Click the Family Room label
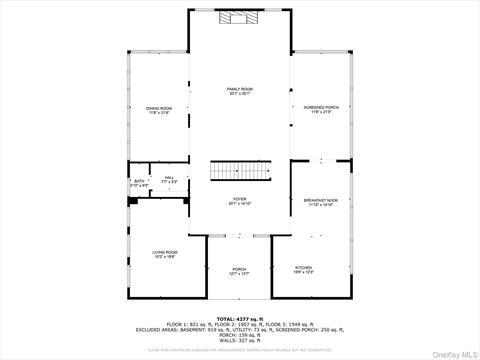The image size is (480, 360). point(240,88)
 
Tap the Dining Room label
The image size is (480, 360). point(160,107)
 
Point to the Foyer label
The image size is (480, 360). point(240,199)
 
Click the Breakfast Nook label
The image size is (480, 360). point(321,200)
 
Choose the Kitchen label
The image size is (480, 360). point(303,267)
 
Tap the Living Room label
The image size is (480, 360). point(165,251)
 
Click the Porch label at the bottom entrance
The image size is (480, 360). point(240,268)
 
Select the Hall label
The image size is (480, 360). point(170,177)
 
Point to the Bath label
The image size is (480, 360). point(139,181)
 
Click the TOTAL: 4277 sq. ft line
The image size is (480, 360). point(240,318)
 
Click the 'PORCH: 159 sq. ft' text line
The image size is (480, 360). point(240,335)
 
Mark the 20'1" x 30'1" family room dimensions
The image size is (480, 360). point(240,94)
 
